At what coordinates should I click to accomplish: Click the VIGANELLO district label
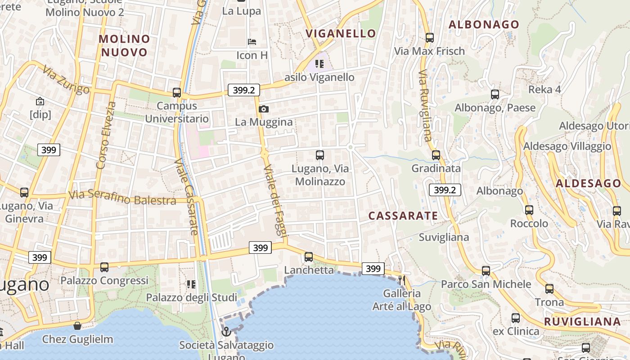(x=341, y=33)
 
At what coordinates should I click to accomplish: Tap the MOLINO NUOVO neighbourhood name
(x=124, y=45)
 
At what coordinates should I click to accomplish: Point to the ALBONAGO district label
(x=484, y=24)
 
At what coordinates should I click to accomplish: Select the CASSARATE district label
(x=403, y=216)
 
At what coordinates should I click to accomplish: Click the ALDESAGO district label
(x=588, y=183)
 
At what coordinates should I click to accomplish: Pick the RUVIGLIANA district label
(x=582, y=322)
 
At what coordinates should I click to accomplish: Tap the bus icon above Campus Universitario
(x=177, y=93)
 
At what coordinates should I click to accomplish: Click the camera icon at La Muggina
(x=264, y=109)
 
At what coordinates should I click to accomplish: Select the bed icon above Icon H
(x=252, y=42)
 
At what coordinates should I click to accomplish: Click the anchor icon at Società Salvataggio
(x=226, y=332)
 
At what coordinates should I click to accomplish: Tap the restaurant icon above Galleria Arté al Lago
(x=402, y=280)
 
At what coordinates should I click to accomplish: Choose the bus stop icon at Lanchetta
(x=308, y=257)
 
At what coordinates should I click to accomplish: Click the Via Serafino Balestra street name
(x=122, y=198)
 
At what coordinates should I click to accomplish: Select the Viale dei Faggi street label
(x=275, y=200)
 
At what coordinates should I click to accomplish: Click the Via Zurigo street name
(x=66, y=81)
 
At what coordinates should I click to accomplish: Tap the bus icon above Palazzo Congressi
(x=104, y=267)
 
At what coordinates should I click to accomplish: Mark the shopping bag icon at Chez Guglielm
(x=77, y=325)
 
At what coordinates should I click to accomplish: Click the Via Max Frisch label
(x=429, y=51)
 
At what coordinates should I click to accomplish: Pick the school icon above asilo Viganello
(x=319, y=64)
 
